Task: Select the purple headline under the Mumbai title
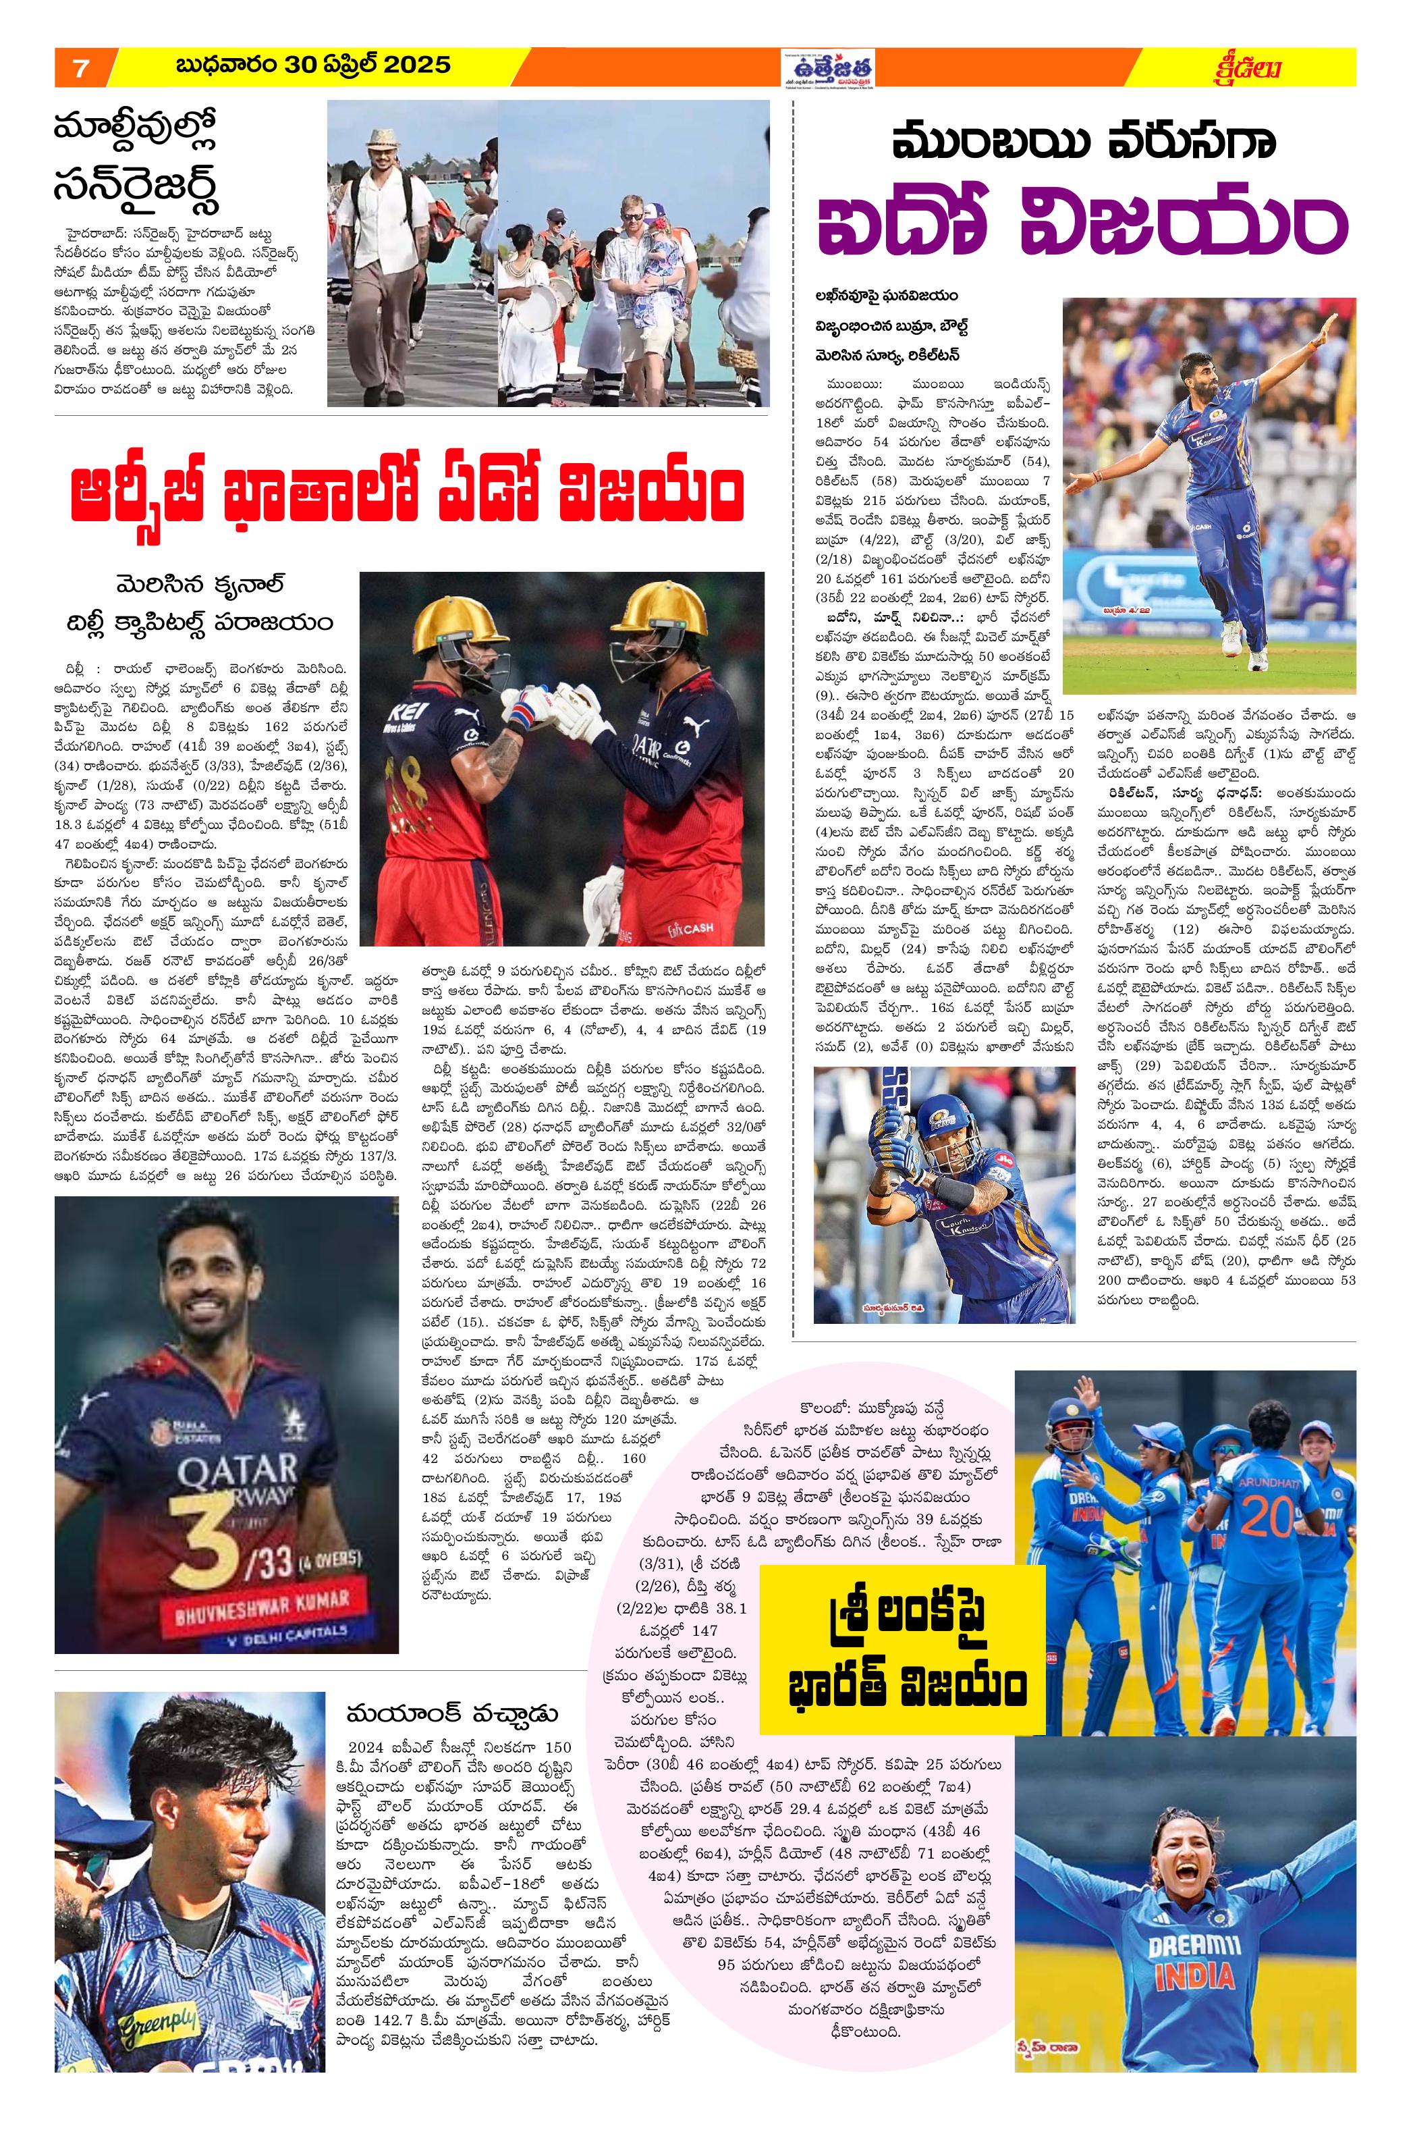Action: click(x=1082, y=227)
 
